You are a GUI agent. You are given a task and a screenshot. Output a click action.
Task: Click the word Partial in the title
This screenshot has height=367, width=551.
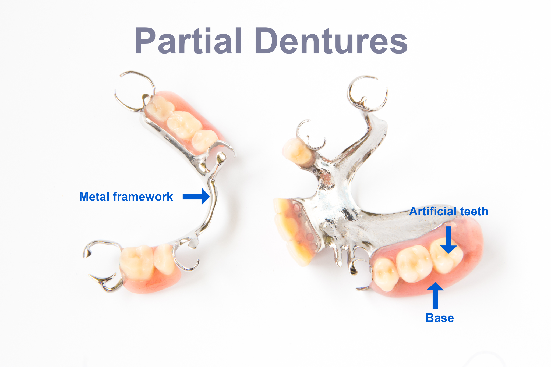[x=188, y=41]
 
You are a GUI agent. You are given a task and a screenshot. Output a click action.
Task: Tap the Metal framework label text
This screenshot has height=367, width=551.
[x=126, y=197]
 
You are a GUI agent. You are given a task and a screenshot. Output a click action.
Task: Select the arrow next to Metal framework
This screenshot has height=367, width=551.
[x=196, y=197]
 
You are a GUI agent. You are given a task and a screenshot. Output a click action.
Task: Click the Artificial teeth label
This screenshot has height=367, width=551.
[x=448, y=211]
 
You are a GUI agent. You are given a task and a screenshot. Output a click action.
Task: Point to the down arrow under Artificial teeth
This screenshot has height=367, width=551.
[x=448, y=240]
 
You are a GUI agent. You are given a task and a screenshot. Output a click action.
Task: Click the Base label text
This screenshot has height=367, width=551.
[x=440, y=318]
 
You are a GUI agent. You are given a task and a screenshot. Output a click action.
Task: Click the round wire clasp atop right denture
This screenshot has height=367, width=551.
[x=367, y=93]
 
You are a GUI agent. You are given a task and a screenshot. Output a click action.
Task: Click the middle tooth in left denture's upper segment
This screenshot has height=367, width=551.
[x=183, y=124]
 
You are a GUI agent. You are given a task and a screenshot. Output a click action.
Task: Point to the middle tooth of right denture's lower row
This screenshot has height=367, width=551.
[x=414, y=263]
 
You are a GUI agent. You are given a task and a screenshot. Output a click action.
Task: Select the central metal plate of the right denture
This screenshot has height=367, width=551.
[x=336, y=204]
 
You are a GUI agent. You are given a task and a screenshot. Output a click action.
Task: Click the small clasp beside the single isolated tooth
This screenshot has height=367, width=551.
[x=312, y=136]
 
